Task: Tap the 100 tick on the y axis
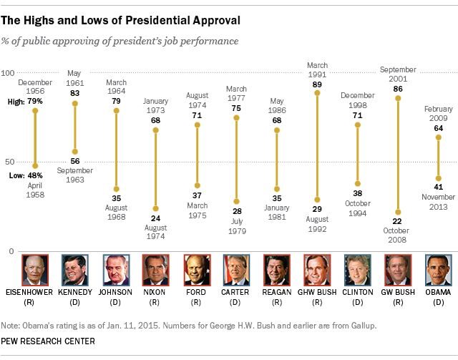click(x=9, y=74)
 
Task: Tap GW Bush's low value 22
click(x=397, y=221)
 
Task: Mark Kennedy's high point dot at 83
click(x=75, y=104)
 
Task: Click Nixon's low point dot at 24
click(x=155, y=209)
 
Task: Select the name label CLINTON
click(x=357, y=291)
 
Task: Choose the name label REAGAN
click(x=276, y=291)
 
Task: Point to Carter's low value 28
click(x=236, y=211)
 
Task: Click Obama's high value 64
click(x=438, y=128)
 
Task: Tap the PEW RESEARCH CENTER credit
click(x=49, y=341)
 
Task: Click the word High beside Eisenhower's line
click(x=13, y=102)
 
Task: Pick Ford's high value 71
click(x=196, y=115)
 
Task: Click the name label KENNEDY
click(x=75, y=291)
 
